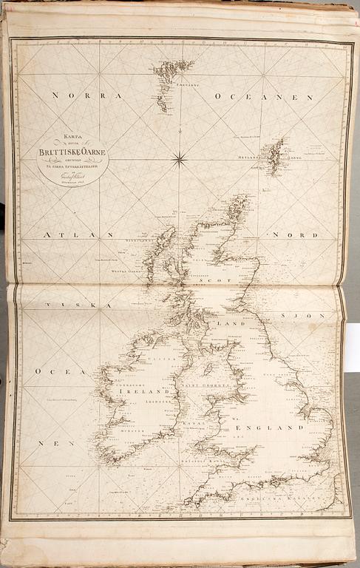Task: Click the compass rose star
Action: [x=178, y=158]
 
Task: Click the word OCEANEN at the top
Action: [x=264, y=97]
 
